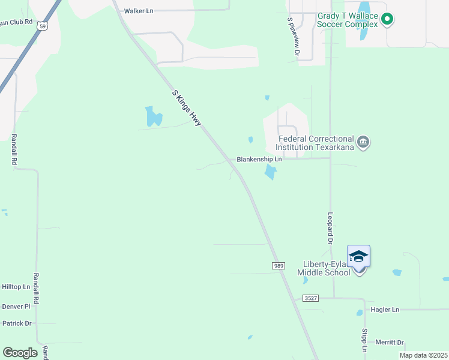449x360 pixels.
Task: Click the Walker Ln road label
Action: point(139,11)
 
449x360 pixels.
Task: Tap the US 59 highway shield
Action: point(40,26)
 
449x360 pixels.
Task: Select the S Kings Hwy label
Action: point(187,108)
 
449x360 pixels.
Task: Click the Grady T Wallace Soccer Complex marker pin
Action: point(387,19)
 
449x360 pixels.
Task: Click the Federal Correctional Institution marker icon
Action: point(363,142)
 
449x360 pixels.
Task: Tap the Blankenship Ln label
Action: point(259,160)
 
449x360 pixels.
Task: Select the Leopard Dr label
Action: point(330,229)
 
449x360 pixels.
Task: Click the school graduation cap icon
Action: point(358,256)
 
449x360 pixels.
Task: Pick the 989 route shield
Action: point(278,265)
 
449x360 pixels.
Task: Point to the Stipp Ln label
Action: point(364,340)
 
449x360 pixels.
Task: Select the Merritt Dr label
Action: point(390,343)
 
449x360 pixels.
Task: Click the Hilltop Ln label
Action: point(16,287)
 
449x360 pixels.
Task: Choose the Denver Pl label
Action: point(16,306)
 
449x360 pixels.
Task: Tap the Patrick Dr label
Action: point(17,323)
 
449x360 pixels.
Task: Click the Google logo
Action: point(20,353)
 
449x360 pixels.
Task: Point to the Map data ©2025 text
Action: point(423,355)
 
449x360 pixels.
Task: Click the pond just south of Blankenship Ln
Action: point(271,173)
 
